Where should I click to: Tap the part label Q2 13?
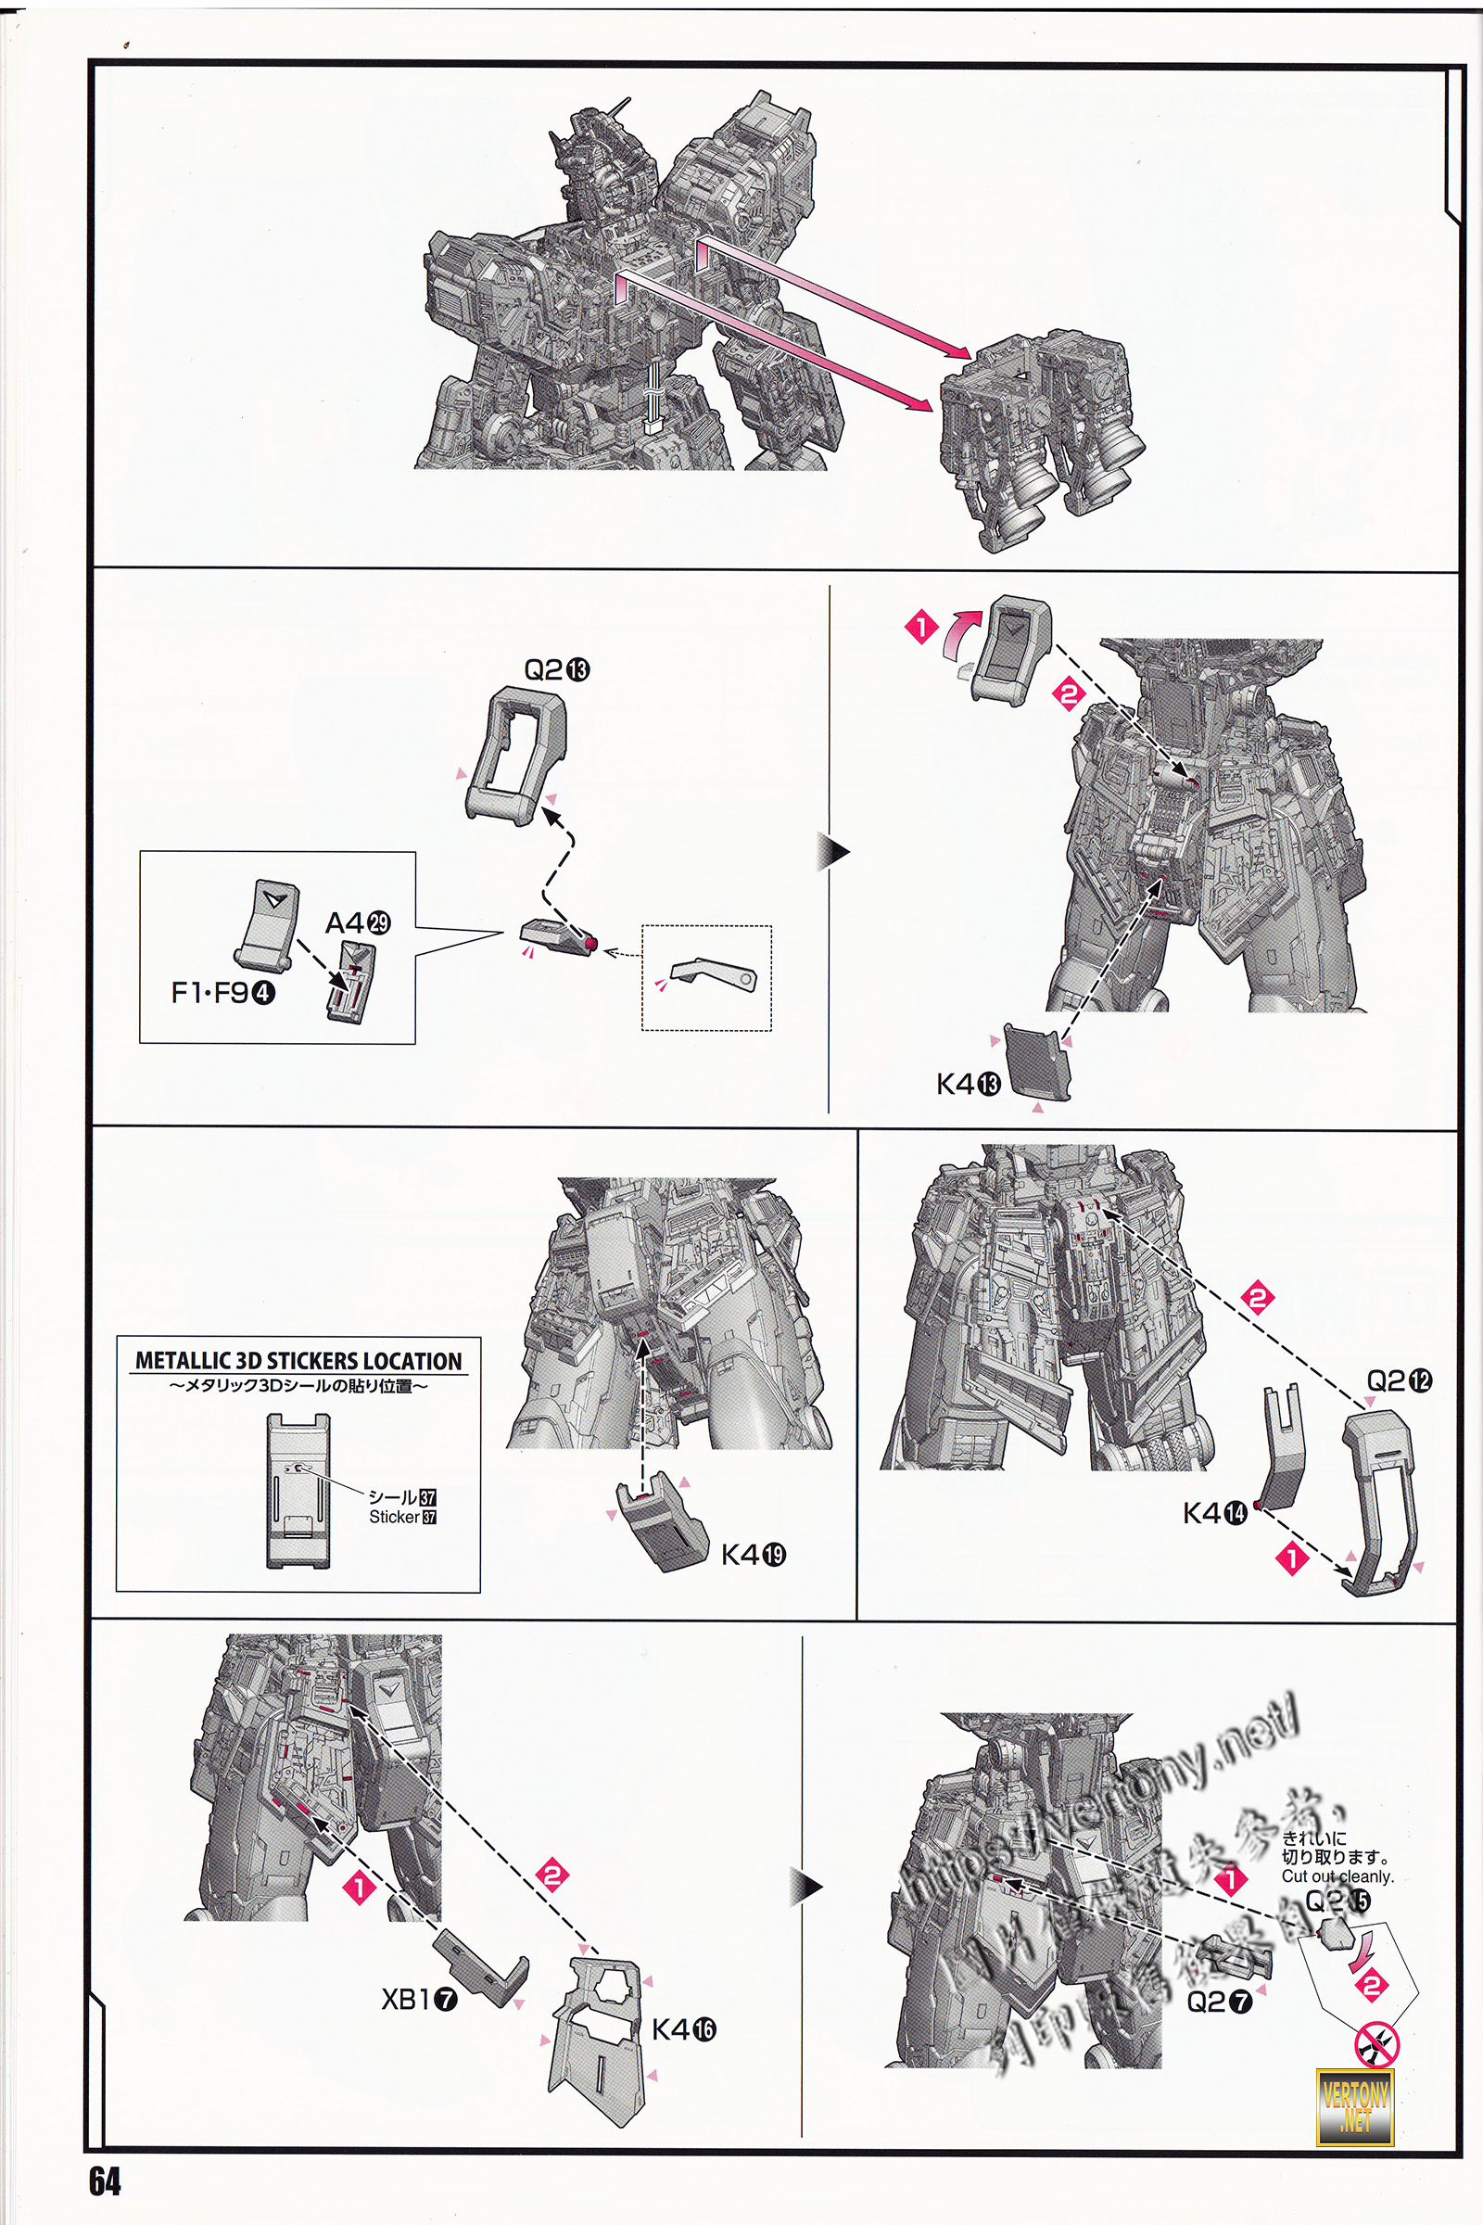[556, 669]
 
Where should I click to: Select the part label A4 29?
[358, 922]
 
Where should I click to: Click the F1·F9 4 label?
[222, 992]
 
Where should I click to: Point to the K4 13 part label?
[968, 1084]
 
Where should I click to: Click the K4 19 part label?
[753, 1555]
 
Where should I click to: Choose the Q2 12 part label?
[1398, 1381]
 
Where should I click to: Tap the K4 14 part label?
[1214, 1514]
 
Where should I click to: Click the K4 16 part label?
[683, 2029]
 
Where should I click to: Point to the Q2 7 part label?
[1218, 2001]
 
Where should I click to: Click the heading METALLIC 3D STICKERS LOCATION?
[298, 1361]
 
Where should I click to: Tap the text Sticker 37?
[402, 1518]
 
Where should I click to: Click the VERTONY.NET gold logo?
[1355, 2106]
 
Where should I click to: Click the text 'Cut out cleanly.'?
[1337, 1876]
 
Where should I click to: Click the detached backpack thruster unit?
[1041, 435]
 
